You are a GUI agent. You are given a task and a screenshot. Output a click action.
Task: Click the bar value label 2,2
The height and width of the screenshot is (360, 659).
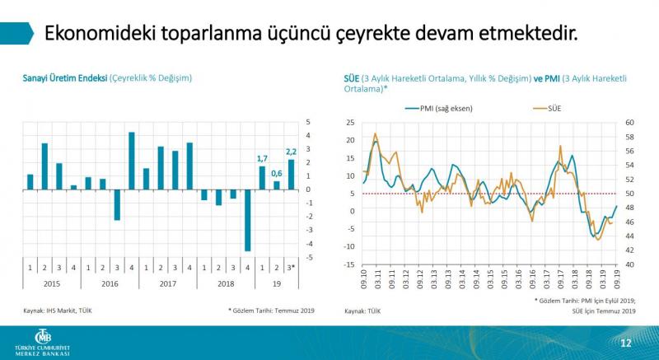[x=291, y=152]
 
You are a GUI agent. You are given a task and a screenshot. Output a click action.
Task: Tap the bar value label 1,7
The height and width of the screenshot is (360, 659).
[x=262, y=158]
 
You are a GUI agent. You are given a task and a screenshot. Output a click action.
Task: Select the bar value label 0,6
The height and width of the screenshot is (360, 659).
[x=277, y=173]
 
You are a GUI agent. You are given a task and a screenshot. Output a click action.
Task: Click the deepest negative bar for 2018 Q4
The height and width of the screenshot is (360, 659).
[x=247, y=220]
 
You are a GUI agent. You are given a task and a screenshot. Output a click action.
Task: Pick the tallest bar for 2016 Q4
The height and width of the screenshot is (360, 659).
[x=132, y=161]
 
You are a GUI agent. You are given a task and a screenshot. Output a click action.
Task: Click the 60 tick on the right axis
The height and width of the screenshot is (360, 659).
[x=630, y=123]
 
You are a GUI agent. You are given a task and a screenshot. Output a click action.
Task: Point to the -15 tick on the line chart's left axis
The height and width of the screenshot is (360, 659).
[x=349, y=264]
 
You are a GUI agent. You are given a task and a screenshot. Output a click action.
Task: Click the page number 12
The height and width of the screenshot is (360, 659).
[x=624, y=341]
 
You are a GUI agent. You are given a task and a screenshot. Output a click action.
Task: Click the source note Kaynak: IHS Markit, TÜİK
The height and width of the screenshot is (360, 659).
[x=57, y=311]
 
